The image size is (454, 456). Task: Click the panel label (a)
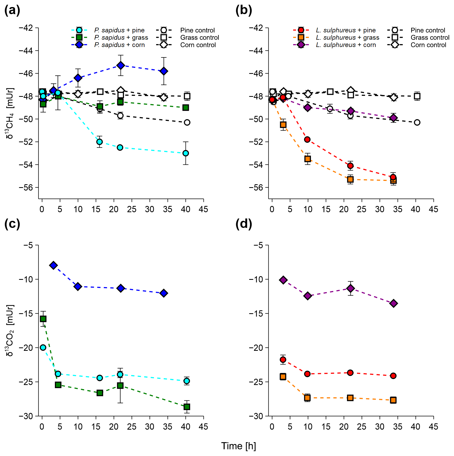click(12, 11)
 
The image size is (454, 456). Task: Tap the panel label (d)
click(243, 224)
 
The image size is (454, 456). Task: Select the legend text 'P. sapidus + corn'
click(120, 45)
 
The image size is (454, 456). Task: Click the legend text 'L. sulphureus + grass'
click(347, 38)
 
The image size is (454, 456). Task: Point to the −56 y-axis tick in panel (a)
click(26, 187)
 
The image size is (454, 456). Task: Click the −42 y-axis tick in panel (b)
click(256, 28)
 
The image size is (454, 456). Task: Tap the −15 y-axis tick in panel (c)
click(28, 313)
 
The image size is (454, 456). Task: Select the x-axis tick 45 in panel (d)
click(433, 427)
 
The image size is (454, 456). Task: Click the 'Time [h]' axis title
click(239, 446)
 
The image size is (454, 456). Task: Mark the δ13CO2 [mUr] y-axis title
click(10, 330)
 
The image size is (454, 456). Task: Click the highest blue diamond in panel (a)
click(121, 65)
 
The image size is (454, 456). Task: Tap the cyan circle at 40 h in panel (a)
click(186, 153)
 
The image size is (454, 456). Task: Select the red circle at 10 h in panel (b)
click(307, 139)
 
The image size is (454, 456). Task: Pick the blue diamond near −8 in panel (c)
click(53, 265)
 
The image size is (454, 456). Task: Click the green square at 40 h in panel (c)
click(186, 407)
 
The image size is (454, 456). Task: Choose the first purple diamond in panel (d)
click(283, 280)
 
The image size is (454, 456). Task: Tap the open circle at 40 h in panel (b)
click(417, 122)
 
